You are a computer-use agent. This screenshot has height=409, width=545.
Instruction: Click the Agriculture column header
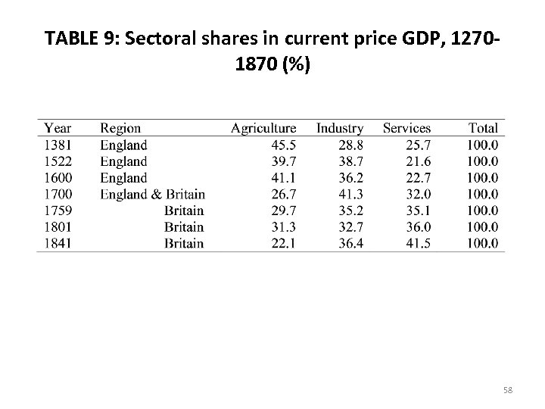(x=263, y=129)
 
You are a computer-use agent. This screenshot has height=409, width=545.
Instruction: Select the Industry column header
(x=339, y=129)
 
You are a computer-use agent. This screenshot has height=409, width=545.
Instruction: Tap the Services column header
(x=406, y=129)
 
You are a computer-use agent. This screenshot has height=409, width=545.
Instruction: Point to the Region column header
(x=120, y=129)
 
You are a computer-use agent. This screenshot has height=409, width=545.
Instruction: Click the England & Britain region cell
(x=152, y=195)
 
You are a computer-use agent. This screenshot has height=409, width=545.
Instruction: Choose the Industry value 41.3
(x=350, y=195)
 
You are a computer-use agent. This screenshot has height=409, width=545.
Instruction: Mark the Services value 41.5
(x=417, y=244)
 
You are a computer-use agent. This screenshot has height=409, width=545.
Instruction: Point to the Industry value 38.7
(x=350, y=161)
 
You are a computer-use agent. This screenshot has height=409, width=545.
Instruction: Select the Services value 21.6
(x=417, y=161)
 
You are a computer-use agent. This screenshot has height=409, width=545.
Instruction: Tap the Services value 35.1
(x=417, y=211)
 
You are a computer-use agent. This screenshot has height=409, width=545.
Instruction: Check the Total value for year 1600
(x=483, y=178)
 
